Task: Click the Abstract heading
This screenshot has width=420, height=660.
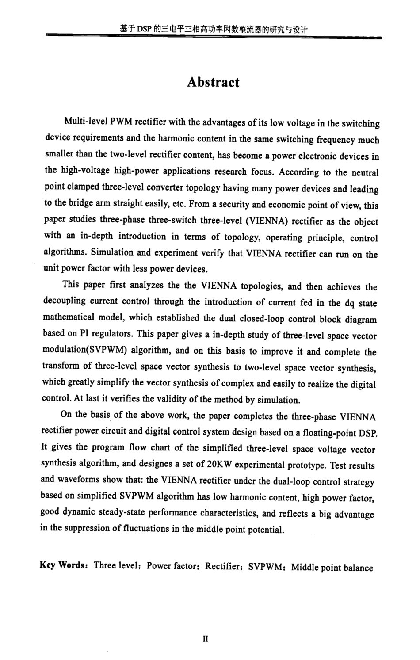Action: click(x=213, y=83)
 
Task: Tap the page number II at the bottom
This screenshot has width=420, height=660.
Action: click(x=206, y=639)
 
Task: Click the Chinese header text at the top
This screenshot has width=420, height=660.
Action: click(x=214, y=29)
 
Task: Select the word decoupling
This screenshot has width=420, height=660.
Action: click(x=65, y=301)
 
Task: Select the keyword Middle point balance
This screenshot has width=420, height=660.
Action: click(x=332, y=568)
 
